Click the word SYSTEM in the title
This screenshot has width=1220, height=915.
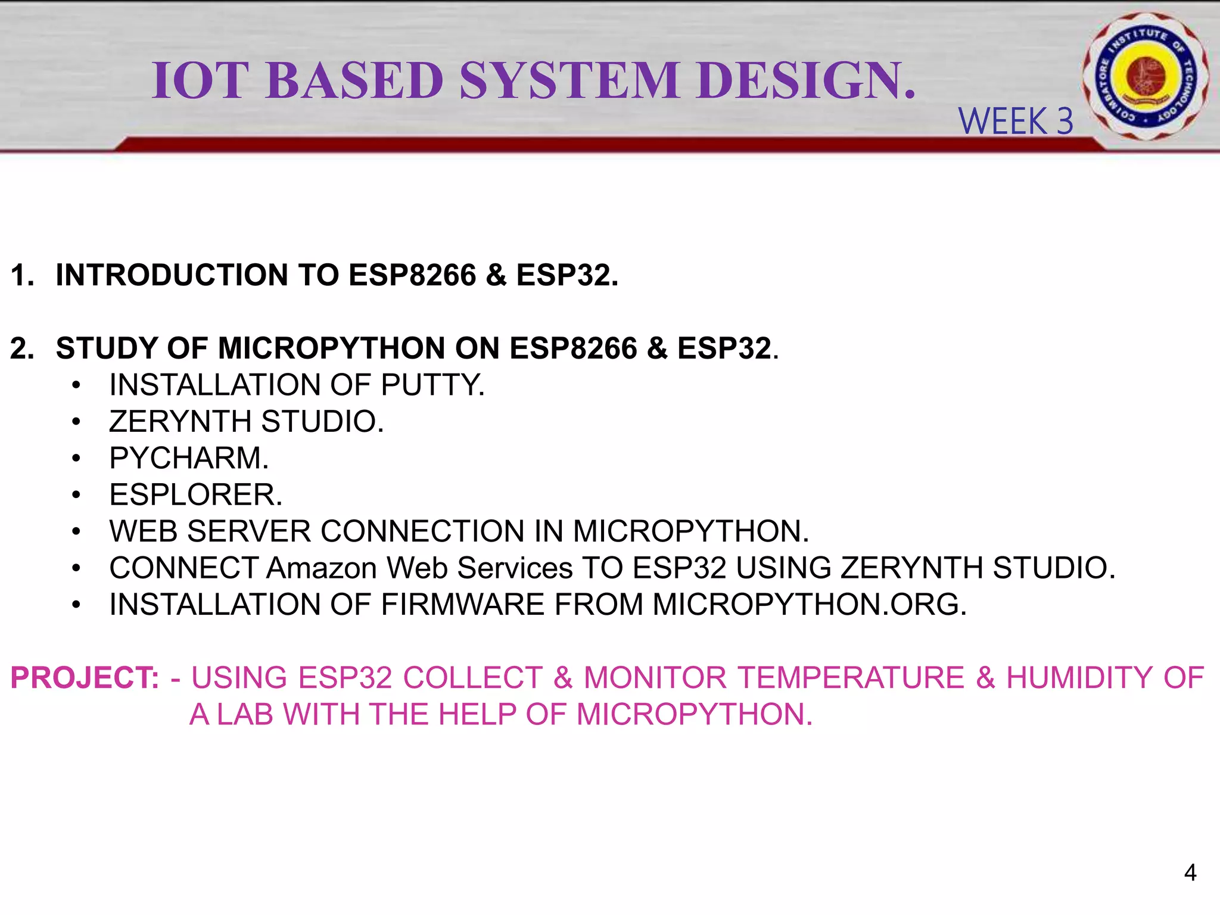coord(569,80)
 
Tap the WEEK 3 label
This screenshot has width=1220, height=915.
coord(1016,122)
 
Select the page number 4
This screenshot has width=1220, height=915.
coord(1190,873)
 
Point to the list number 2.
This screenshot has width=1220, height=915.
coord(21,348)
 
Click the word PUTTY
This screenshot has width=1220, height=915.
coord(432,385)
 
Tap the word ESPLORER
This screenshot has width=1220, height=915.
coord(196,495)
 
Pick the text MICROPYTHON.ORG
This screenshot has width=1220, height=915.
coord(809,605)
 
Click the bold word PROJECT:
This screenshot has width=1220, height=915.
coord(85,678)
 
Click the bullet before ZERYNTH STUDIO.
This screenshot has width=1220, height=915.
coord(76,422)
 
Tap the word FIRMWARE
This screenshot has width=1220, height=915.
coord(463,605)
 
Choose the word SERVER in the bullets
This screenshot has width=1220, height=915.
coord(248,531)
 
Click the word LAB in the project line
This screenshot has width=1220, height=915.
coord(245,714)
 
